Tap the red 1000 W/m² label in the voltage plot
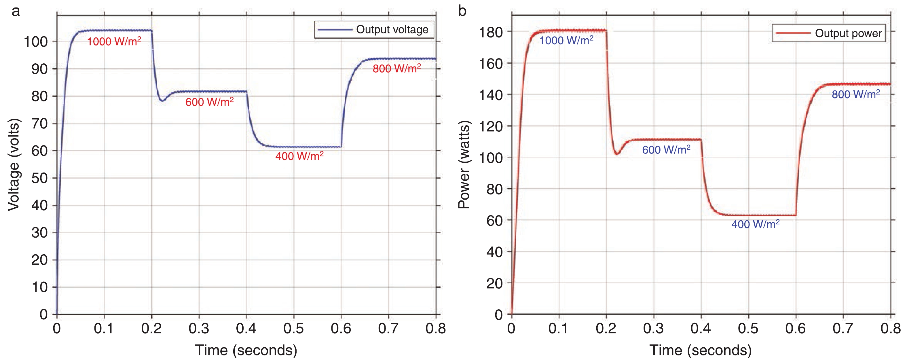[x=114, y=41]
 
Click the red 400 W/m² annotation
[x=299, y=156]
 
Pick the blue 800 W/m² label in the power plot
[x=855, y=94]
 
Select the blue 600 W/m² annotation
[x=666, y=150]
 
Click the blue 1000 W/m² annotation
[x=566, y=41]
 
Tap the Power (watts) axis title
[x=464, y=164]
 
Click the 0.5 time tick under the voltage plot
[x=293, y=329]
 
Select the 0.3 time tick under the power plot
[x=654, y=329]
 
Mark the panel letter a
[x=16, y=11]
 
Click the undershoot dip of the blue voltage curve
[x=162, y=101]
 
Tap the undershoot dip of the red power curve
[x=617, y=154]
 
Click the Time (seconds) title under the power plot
[x=700, y=350]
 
